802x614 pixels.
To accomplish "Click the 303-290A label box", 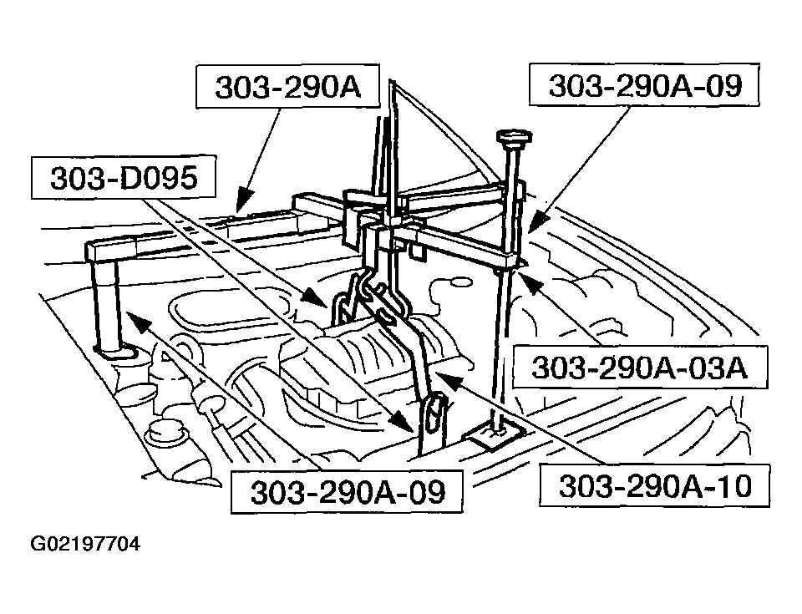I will click(x=287, y=88).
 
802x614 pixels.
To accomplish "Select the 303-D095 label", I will click(x=123, y=180).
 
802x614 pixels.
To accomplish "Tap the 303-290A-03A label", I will click(x=638, y=367).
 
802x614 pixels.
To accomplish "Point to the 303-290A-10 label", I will click(x=654, y=485).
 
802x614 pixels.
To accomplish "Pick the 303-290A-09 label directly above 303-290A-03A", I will click(x=644, y=86).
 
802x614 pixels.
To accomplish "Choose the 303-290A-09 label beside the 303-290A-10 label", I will click(x=348, y=491).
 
